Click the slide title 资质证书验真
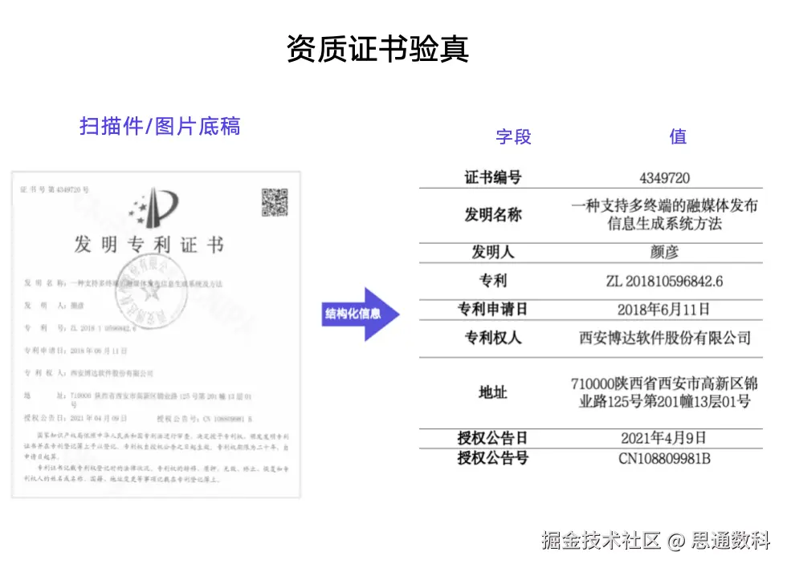point(377,50)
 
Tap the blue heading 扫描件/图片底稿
point(160,127)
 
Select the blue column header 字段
point(513,136)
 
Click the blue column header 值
point(678,136)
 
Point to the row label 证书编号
point(493,177)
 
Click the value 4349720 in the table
point(664,177)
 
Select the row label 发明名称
point(493,215)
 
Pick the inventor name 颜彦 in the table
point(664,253)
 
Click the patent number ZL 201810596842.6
point(664,282)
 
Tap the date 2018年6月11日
point(664,310)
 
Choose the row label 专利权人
point(493,338)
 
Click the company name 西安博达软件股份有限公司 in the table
point(664,338)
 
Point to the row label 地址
point(493,393)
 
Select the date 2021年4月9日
point(664,438)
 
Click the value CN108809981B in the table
point(664,459)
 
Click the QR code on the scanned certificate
point(274,201)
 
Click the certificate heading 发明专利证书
point(149,245)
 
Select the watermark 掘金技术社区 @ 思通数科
point(655,540)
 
